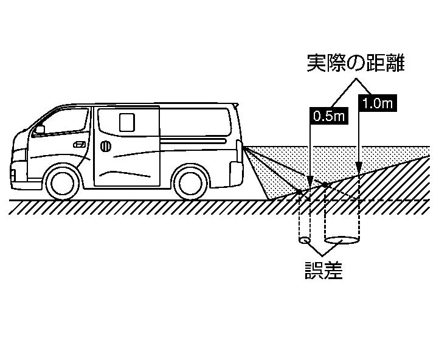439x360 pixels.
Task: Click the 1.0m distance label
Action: click(377, 103)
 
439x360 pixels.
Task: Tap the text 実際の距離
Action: click(355, 63)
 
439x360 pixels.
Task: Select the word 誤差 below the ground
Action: click(323, 269)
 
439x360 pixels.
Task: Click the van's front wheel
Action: click(63, 182)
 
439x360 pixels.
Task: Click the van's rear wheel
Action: click(190, 182)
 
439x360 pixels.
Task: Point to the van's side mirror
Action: click(40, 130)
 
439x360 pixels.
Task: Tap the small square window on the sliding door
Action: click(126, 122)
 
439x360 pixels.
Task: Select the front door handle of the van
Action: click(79, 145)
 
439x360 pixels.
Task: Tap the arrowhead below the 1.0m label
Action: click(361, 164)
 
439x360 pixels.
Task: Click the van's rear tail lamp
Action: click(238, 148)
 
